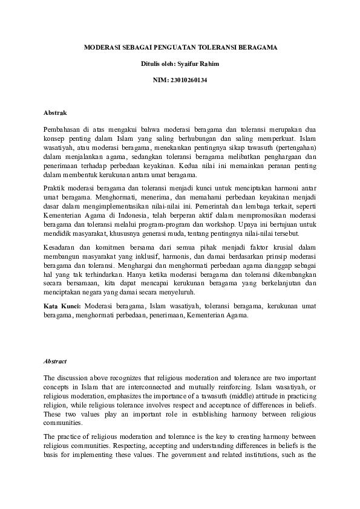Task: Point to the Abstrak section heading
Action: tap(55, 113)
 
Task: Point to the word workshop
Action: tap(214, 224)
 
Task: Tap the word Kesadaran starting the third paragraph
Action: tap(61, 247)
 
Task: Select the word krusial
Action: tap(277, 247)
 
